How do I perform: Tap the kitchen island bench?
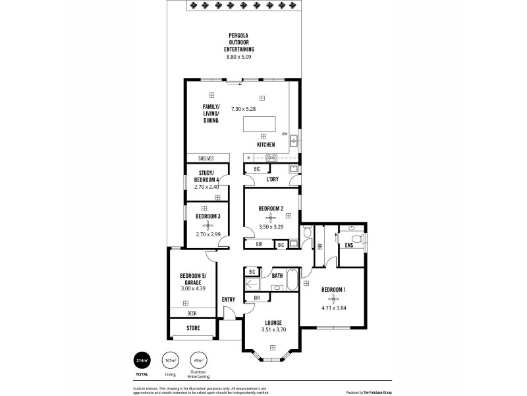260,125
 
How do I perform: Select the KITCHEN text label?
265,145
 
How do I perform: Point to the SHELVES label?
206,158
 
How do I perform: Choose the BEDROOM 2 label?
270,209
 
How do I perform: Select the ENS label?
348,246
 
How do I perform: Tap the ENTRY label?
229,300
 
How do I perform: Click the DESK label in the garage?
192,313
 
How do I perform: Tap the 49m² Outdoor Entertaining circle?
198,360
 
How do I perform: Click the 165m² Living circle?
171,360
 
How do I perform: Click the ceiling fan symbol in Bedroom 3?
208,224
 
